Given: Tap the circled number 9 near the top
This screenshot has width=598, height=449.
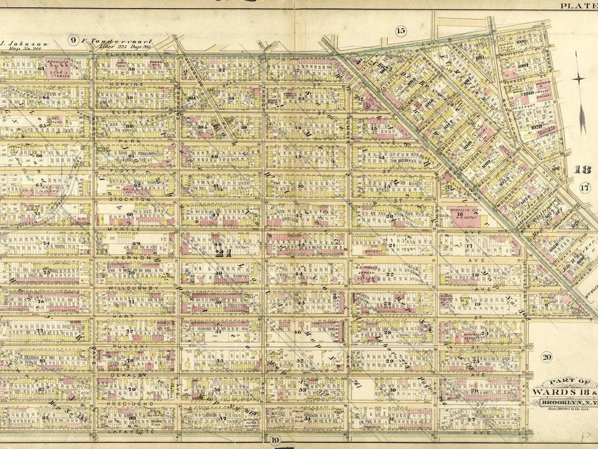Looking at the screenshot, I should pos(73,40).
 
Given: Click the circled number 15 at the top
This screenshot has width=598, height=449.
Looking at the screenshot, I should pos(400,30).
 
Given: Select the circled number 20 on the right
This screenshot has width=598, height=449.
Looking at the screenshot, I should pos(547,357).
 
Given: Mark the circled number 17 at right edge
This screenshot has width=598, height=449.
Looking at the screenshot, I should pos(585,188).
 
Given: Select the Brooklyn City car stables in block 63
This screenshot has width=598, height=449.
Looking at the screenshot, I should pos(58,68).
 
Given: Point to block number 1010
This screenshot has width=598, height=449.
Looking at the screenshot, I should pos(528,93).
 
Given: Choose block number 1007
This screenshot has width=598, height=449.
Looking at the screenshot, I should pos(522,66).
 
